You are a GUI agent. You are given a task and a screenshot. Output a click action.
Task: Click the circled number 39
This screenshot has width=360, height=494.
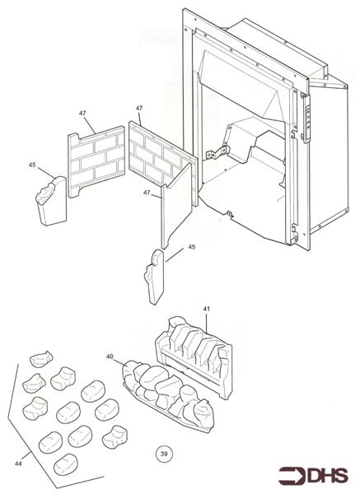point(163,452)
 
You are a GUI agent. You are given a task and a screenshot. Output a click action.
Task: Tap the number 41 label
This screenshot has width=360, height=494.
point(206,307)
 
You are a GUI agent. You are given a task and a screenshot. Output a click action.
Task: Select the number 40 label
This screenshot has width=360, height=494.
point(110,356)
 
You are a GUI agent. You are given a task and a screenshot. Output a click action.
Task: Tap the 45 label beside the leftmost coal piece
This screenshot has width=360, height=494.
point(31,165)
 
